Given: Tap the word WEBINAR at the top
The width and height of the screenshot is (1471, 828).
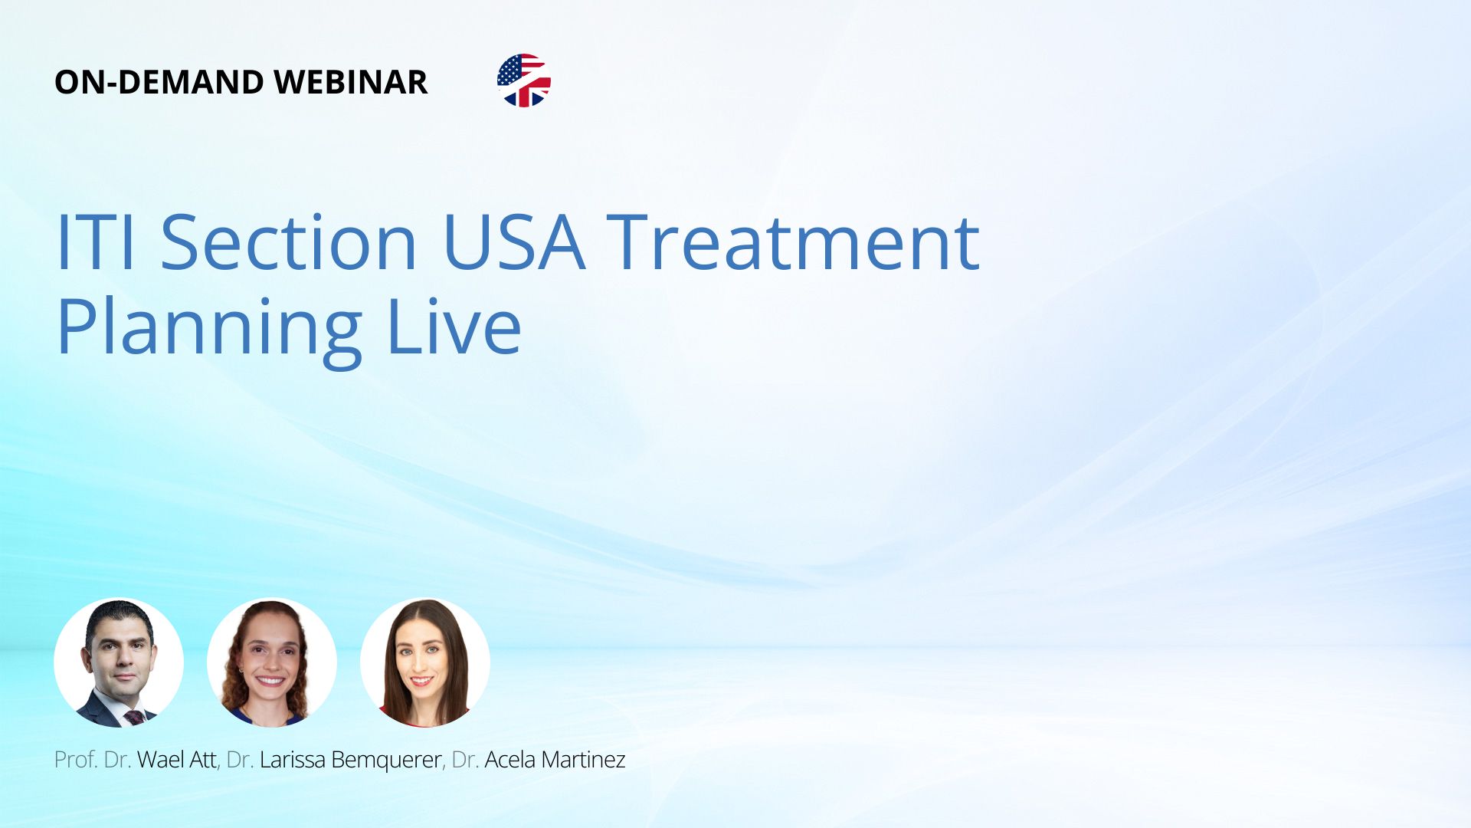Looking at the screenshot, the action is click(x=350, y=82).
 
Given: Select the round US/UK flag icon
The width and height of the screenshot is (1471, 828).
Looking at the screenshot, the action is click(x=524, y=80).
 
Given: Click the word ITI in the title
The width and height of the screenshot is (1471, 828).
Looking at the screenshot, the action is click(x=96, y=242).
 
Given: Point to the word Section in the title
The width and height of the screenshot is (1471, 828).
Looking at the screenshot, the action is click(x=289, y=242).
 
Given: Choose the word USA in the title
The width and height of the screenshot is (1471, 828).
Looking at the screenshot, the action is click(x=514, y=242).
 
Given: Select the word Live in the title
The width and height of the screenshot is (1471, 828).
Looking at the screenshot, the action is click(x=454, y=327).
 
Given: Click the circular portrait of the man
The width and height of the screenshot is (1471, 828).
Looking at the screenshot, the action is click(x=119, y=662).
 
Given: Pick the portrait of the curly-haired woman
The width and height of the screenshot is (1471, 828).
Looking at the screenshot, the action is click(x=272, y=662).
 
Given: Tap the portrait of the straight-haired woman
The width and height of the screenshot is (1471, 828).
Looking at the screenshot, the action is click(x=425, y=662).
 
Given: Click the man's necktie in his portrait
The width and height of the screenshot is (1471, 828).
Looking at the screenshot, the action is click(x=135, y=718).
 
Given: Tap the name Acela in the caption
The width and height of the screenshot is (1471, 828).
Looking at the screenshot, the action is click(x=509, y=760).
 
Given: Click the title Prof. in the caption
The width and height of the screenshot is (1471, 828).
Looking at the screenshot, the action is click(x=76, y=760).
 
